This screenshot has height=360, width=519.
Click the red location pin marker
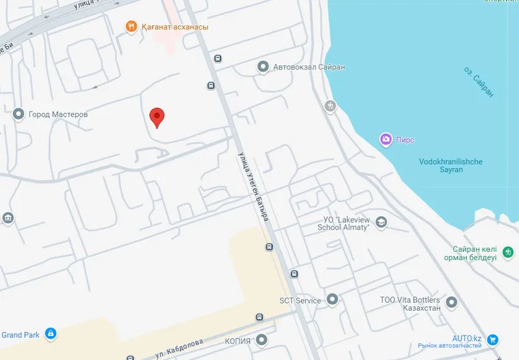click(156, 117)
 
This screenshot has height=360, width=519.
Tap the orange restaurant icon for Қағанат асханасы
click(131, 27)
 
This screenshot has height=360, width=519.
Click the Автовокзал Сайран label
click(309, 66)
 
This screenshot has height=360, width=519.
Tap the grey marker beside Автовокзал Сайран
click(263, 66)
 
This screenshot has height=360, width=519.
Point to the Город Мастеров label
click(58, 114)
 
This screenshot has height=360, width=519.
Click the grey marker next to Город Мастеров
click(19, 114)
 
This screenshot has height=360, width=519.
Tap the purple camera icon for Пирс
click(385, 139)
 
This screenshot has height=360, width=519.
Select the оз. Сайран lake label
click(479, 82)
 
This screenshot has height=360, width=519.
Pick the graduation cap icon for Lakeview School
click(381, 222)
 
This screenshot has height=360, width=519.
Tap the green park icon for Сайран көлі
click(509, 250)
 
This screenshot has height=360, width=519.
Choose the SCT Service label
click(300, 300)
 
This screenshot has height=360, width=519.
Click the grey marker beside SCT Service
click(333, 300)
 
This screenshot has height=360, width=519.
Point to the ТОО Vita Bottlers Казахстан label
click(410, 304)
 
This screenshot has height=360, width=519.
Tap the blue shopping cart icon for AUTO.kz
click(492, 339)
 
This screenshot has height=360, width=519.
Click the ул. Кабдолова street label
click(180, 348)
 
